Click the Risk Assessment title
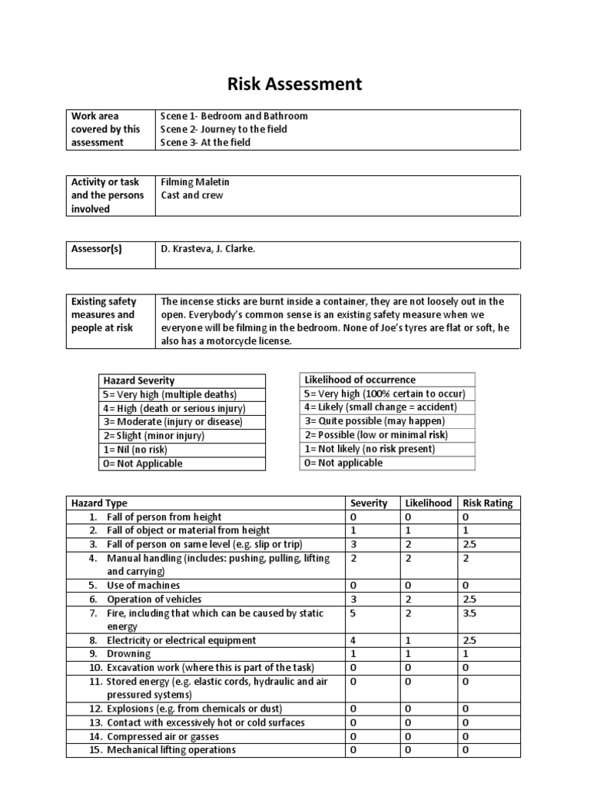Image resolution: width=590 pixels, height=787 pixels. pos(295,84)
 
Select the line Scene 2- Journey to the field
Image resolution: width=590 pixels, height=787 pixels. pos(224,129)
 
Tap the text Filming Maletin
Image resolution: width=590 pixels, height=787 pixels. pos(195,182)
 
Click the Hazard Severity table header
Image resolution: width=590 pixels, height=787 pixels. pos(139,380)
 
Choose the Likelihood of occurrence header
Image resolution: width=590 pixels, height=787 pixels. pos(360,380)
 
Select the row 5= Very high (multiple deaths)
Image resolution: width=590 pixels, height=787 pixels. pos(170,394)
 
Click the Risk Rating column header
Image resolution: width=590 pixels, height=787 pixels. pos(487,503)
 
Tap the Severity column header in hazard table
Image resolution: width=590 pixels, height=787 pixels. pos(369,503)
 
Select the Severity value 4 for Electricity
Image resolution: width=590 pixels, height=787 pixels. pos(353,640)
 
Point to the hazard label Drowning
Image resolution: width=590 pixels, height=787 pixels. pos(128,654)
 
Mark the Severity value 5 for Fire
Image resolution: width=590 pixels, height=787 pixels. pos(353,614)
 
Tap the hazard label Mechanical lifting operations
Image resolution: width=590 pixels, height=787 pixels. pos(171,750)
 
